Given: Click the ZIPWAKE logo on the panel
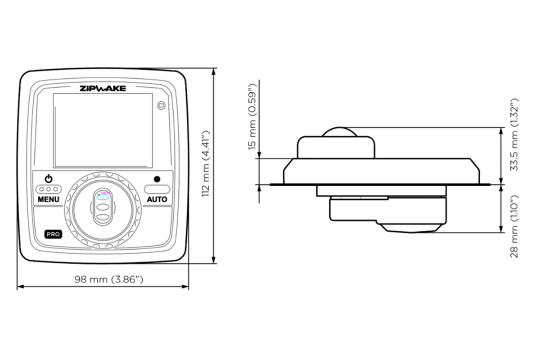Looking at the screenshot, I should [103, 88].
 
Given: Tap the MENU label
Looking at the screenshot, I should [49, 199].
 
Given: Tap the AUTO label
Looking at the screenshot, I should [157, 199].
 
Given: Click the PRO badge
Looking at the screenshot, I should [53, 234].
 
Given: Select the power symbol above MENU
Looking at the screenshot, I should [49, 179].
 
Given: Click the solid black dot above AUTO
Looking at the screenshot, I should [157, 179].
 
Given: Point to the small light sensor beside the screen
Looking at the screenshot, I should [162, 105].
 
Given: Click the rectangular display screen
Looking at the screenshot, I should [103, 130].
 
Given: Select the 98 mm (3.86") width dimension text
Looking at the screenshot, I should [109, 279].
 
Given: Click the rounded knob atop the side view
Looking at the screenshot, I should [340, 131].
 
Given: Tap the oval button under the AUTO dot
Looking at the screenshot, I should [157, 189].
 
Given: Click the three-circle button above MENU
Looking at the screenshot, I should [49, 189].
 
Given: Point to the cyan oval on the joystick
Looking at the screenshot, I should [103, 197].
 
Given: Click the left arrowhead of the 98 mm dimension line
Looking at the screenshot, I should [19, 286].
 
